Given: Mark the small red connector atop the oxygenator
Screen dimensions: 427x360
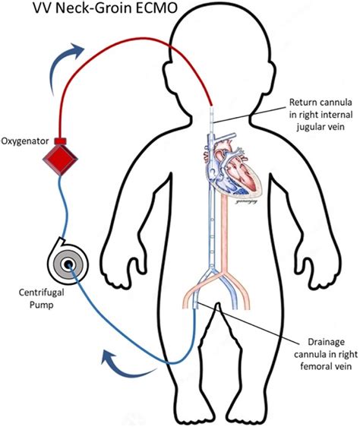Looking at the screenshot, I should (x=62, y=141).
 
